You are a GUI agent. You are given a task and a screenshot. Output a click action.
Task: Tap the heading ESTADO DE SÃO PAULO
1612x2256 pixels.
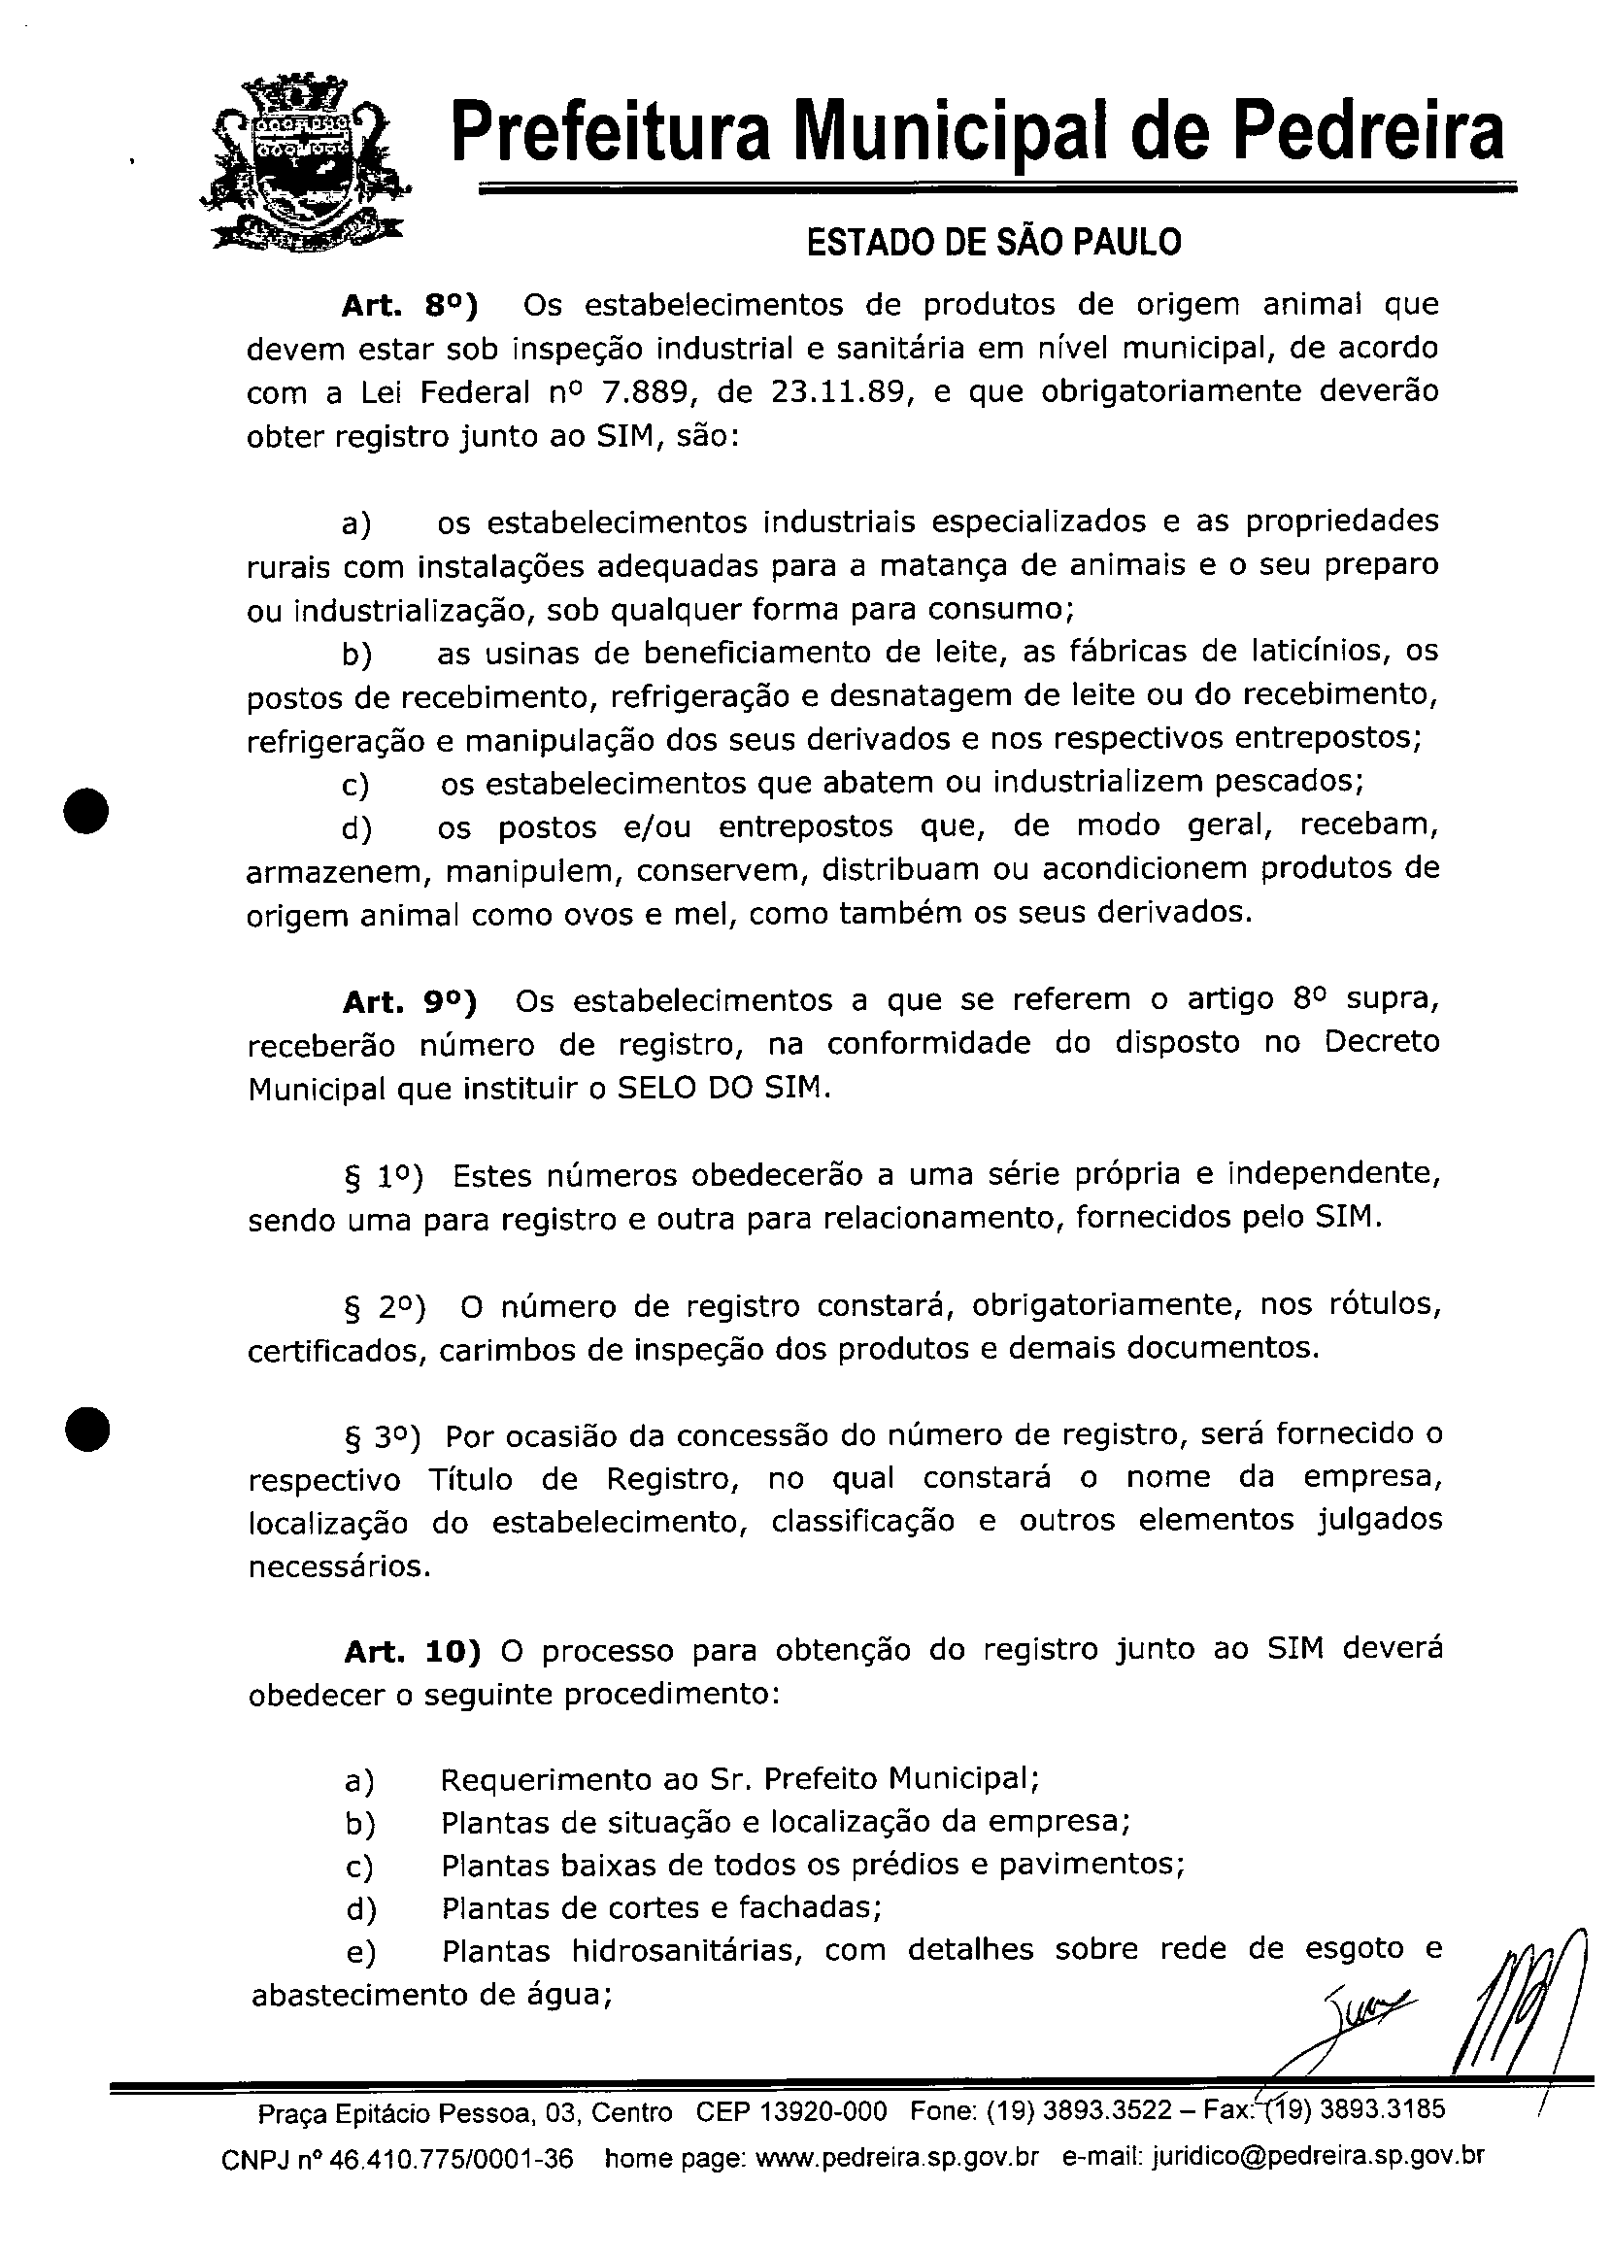coord(993,241)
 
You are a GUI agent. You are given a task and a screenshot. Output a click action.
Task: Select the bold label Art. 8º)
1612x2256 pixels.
coord(409,306)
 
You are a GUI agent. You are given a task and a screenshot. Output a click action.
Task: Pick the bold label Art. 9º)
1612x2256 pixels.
coord(409,1002)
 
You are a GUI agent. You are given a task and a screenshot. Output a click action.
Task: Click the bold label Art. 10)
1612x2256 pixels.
coord(412,1652)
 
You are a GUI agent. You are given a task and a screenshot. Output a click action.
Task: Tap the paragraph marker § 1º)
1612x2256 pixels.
coord(384,1177)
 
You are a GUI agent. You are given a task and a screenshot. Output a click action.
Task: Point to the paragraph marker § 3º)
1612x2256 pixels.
coord(383,1437)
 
